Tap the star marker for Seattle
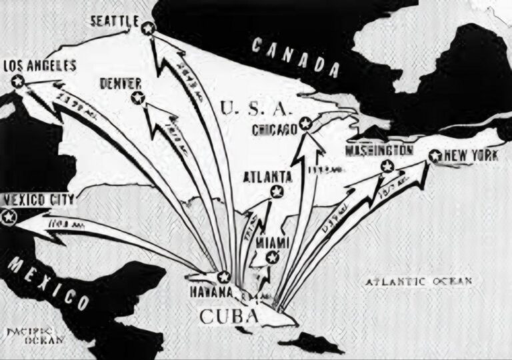click(x=147, y=28)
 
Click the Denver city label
click(x=121, y=83)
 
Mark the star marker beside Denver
click(x=138, y=98)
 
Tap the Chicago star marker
click(x=305, y=123)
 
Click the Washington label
click(x=378, y=150)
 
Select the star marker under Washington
click(x=385, y=166)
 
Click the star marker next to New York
click(x=435, y=157)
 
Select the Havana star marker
click(x=224, y=276)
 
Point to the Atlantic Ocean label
click(x=419, y=281)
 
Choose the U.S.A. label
click(x=253, y=107)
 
